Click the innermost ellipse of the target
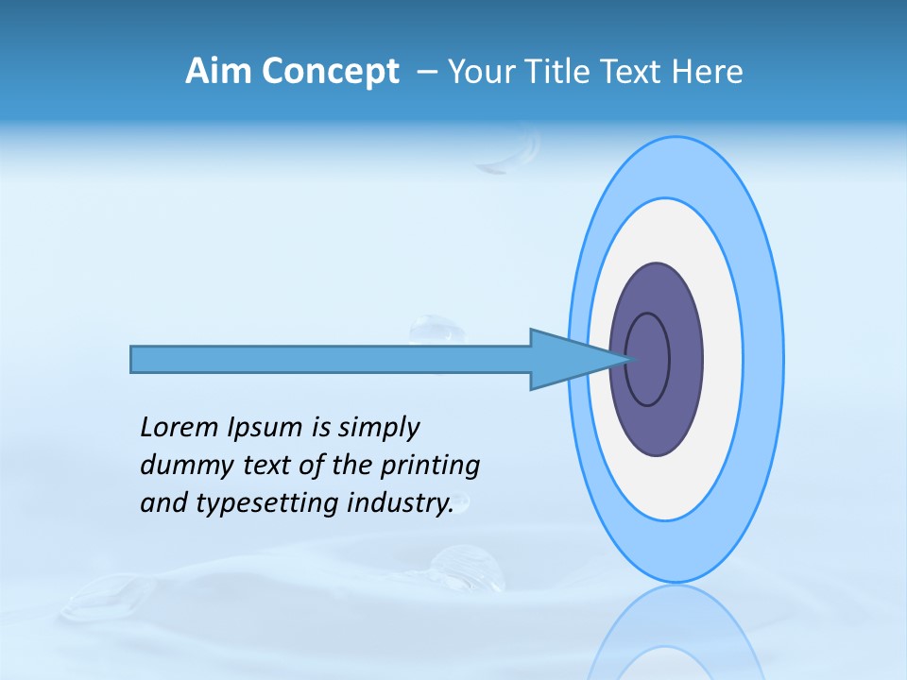(648, 359)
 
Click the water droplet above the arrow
(437, 330)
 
